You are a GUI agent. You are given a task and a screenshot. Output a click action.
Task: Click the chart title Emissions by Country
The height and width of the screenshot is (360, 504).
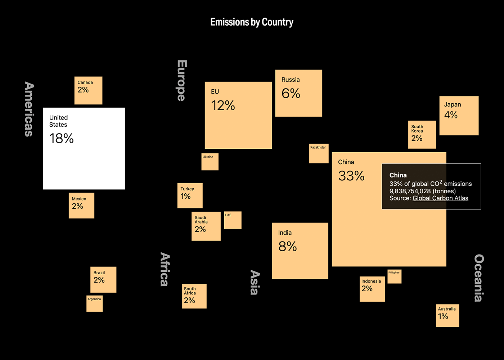point(252,22)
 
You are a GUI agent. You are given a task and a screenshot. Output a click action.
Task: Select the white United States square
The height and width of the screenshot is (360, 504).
point(84,148)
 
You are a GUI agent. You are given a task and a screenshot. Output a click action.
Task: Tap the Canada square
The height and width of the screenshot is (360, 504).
point(88,90)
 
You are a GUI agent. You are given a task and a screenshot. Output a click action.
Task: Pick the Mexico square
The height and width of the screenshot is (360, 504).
point(81,206)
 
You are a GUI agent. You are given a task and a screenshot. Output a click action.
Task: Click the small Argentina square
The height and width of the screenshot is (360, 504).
point(94,303)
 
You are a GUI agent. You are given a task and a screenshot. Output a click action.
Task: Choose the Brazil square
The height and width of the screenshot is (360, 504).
point(103,279)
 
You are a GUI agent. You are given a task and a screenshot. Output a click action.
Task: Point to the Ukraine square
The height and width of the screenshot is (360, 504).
point(210,162)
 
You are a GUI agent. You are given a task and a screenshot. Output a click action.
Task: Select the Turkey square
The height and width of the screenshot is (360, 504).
point(190,195)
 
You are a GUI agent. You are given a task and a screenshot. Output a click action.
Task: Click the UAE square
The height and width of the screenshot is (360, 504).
point(233,220)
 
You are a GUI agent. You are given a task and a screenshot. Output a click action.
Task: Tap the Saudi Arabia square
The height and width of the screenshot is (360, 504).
point(206,226)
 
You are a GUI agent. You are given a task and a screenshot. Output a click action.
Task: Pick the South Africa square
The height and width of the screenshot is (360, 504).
point(194,296)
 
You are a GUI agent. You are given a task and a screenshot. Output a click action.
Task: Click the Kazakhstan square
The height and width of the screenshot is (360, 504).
point(319,153)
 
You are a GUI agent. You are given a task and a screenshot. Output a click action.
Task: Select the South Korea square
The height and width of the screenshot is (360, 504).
point(422,135)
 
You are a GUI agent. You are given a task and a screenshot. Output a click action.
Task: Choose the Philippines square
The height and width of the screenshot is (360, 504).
point(394,276)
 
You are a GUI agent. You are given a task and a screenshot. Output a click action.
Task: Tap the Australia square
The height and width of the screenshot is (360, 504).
point(447,316)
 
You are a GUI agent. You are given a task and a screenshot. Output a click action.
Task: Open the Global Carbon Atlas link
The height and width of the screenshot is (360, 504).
point(440,198)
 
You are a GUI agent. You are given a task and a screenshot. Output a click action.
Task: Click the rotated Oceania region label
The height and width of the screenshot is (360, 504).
point(479,278)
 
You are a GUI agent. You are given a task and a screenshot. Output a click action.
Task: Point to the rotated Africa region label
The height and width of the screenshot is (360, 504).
point(165,269)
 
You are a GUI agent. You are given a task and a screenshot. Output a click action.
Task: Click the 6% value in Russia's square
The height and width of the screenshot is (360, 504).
point(291,94)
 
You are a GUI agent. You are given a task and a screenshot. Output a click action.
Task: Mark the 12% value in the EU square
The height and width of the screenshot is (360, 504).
point(223,105)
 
